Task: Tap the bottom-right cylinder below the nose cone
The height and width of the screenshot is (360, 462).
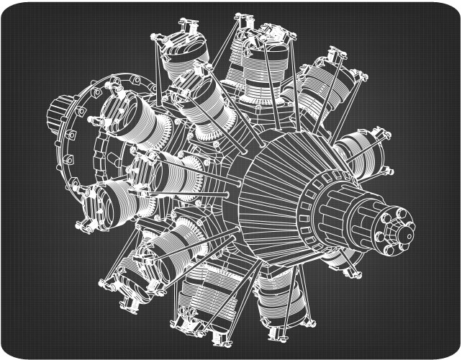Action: tap(277, 295)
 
